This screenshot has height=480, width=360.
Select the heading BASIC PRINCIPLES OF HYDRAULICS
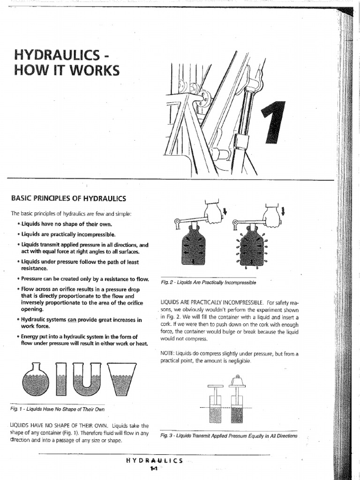point(68,198)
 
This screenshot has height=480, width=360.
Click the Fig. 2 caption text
point(208,283)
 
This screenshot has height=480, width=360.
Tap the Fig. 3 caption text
point(228,435)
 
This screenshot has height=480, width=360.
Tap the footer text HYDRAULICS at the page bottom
point(154,460)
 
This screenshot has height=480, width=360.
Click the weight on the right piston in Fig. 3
point(238,381)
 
